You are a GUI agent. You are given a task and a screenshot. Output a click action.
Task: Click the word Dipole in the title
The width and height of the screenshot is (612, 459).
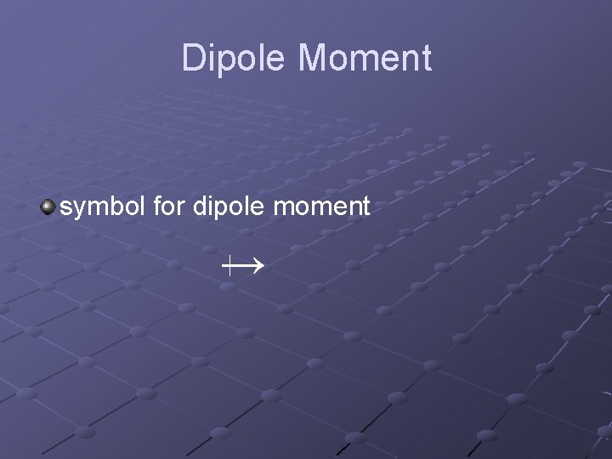[x=235, y=59]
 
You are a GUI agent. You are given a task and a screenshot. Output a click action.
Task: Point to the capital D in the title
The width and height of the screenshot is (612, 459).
[x=195, y=59]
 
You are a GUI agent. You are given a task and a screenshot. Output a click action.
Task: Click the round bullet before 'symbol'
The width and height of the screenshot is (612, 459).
[x=49, y=206]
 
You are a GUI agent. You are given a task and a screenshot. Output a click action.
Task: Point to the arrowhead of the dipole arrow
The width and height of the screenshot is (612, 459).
[x=258, y=267]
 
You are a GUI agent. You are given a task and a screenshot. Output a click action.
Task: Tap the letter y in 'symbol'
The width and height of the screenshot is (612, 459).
[x=79, y=209]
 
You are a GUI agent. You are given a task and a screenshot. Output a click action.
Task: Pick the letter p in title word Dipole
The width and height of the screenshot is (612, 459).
[x=225, y=61]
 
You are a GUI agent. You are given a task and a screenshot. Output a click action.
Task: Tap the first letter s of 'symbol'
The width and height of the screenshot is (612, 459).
[x=66, y=207]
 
